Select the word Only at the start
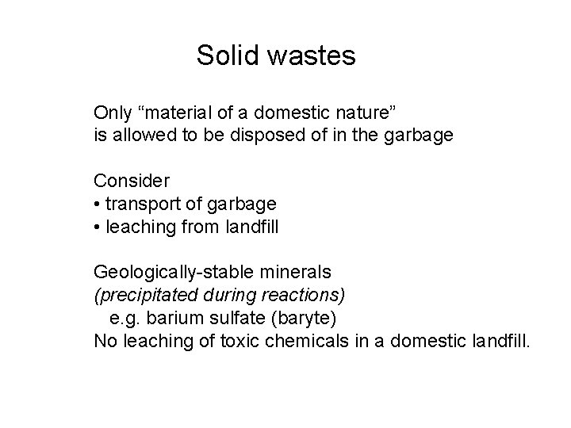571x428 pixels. point(111,111)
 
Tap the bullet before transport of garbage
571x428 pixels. point(97,204)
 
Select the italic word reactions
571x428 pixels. point(311,296)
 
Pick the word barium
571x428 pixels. point(168,319)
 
